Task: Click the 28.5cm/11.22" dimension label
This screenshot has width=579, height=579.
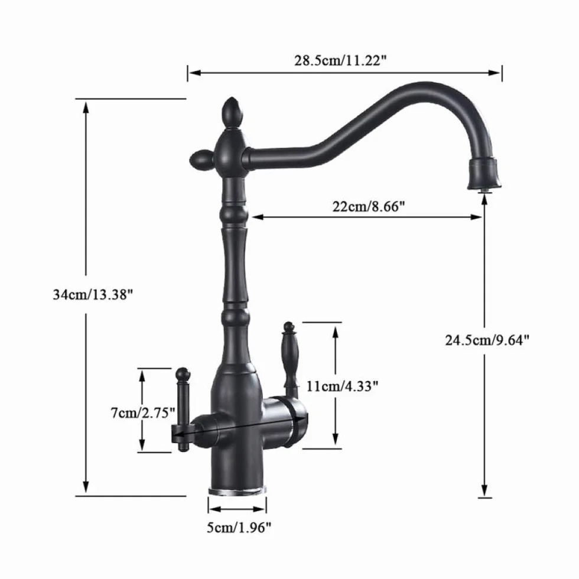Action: tap(340, 60)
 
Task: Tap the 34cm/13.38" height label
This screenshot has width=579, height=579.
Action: tap(93, 295)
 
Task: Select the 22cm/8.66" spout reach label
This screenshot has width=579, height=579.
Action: tap(369, 206)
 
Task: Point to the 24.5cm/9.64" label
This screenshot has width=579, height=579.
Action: tap(487, 340)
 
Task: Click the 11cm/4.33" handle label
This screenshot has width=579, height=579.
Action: tap(342, 386)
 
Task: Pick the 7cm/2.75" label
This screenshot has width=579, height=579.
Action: tap(143, 412)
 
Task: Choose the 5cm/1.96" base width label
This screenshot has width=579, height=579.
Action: tap(239, 528)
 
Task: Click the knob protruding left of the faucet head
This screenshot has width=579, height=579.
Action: tap(200, 159)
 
